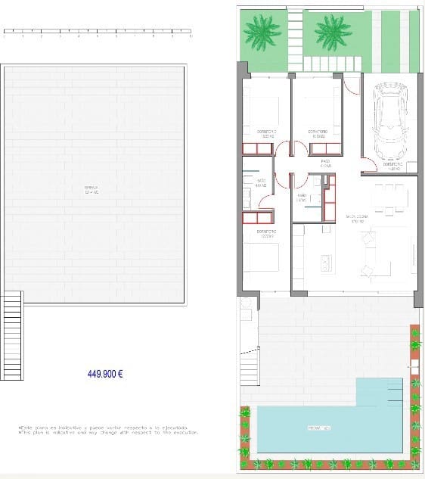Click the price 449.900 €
pos(105,373)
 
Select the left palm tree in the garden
pos(259,32)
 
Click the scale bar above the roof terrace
pos(98,33)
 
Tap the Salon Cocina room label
pos(355,219)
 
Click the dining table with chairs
pos(388,200)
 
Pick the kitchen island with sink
pos(325,261)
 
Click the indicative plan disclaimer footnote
pos(108,430)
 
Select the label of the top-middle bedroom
pos(317,132)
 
